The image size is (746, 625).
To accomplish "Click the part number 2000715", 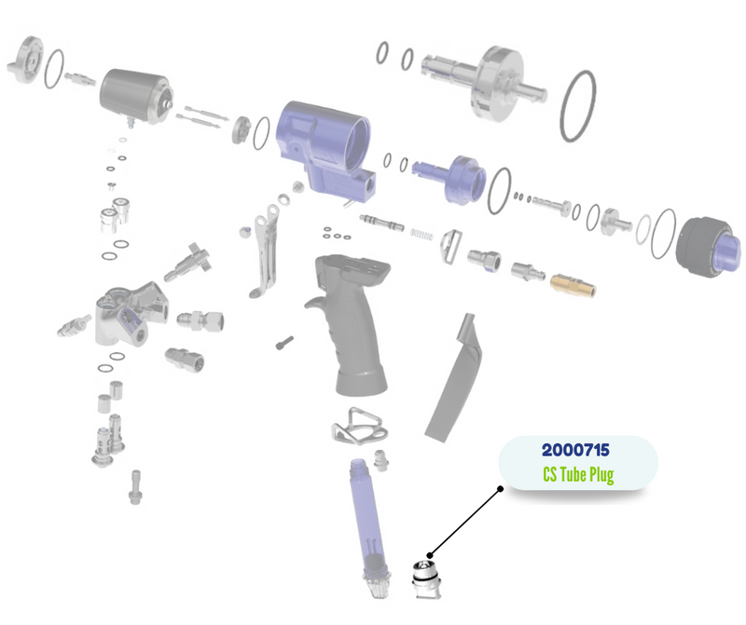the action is tap(575, 450).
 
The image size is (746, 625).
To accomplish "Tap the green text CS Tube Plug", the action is tap(578, 474).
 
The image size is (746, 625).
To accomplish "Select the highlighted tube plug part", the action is tap(426, 580).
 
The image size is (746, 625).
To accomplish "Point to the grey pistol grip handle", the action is tap(350, 323).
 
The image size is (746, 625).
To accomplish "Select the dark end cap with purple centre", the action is tap(709, 247).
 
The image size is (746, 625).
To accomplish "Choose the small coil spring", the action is tap(421, 235).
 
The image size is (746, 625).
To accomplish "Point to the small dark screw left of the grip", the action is tap(284, 343).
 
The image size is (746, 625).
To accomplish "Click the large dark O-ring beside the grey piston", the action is tap(577, 106).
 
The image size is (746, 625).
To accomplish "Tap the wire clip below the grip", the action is tap(359, 427).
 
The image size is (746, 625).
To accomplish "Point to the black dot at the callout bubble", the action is tap(500, 488).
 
